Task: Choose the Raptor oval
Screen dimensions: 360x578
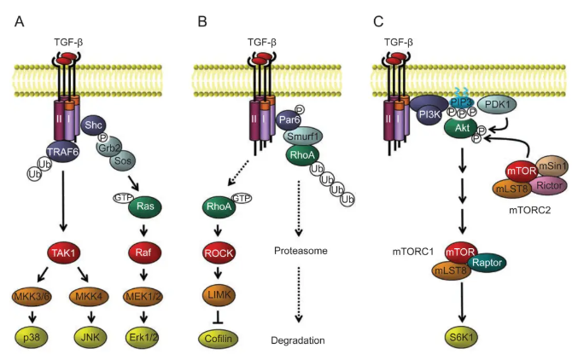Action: coord(514,264)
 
